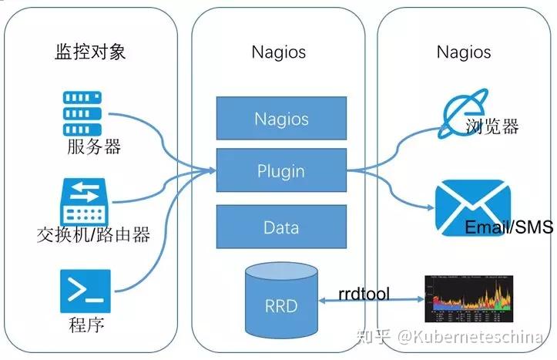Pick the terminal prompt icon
(x=84, y=291)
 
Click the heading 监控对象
(x=90, y=52)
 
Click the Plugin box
(x=281, y=171)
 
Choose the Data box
(x=281, y=227)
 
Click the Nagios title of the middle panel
(x=279, y=52)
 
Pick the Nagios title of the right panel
(x=464, y=52)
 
